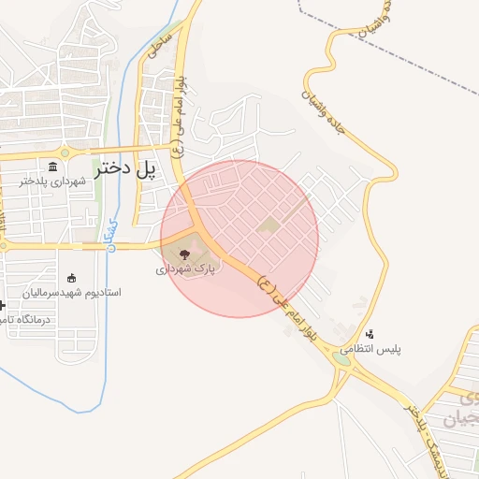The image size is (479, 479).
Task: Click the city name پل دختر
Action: [124, 169]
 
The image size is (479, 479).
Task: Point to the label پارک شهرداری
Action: [185, 268]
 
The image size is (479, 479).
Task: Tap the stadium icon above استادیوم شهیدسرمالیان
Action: [72, 277]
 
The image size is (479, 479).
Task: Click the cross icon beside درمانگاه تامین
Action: [3, 305]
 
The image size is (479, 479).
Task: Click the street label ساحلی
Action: [158, 41]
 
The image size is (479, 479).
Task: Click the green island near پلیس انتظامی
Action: [341, 357]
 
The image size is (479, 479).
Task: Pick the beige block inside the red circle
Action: [269, 225]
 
